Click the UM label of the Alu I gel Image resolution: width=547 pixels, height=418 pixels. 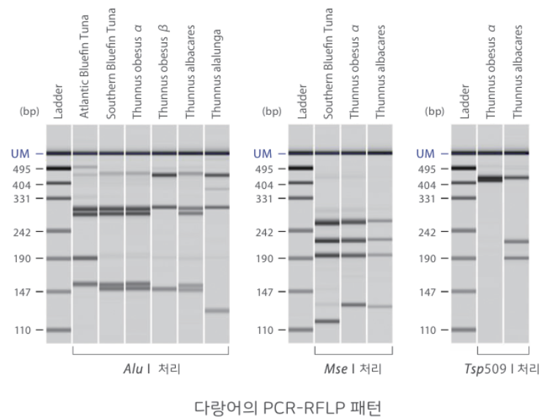click(20, 154)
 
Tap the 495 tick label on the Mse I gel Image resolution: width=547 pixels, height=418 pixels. click(264, 169)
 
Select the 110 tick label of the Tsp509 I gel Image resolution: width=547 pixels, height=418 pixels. click(428, 330)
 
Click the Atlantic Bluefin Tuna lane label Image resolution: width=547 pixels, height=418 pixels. click(84, 67)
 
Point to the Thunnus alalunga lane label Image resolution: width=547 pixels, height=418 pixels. click(216, 74)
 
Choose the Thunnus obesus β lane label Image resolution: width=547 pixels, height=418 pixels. click(163, 72)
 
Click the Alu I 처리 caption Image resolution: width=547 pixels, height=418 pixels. click(152, 369)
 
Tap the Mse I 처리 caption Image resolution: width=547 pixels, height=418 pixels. click(353, 369)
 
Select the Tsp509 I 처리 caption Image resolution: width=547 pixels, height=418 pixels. click(502, 369)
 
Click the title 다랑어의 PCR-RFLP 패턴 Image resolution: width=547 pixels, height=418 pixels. click(288, 407)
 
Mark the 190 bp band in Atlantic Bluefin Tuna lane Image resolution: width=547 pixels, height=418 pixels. click(85, 258)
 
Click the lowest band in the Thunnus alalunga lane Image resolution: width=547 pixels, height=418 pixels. click(217, 310)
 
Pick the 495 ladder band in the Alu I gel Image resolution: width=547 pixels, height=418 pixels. click(59, 168)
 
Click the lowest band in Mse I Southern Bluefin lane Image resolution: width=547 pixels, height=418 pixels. click(327, 321)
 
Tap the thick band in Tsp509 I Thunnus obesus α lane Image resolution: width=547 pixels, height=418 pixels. click(490, 179)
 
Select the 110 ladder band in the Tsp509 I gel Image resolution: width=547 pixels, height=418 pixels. click(464, 330)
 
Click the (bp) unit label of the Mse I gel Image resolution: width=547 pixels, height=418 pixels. click(272, 111)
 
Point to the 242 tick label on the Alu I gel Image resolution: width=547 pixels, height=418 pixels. click(22, 232)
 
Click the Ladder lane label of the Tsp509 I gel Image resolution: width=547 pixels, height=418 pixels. click(464, 102)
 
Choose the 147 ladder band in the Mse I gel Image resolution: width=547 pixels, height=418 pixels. click(301, 291)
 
